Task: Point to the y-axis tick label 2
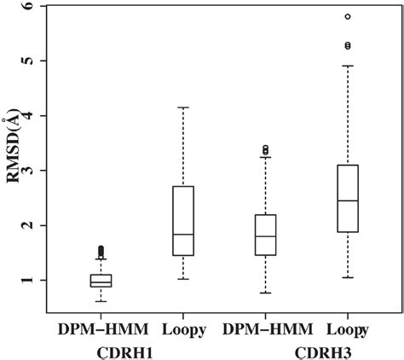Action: click(x=40, y=225)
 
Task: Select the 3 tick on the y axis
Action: click(x=40, y=171)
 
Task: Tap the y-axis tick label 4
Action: click(x=40, y=115)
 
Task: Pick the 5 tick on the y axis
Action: click(x=40, y=61)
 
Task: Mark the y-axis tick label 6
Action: click(x=40, y=7)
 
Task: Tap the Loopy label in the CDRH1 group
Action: click(x=182, y=328)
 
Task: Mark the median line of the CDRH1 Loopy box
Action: click(x=183, y=234)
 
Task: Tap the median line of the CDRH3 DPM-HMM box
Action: click(x=265, y=236)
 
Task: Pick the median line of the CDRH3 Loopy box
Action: click(x=347, y=200)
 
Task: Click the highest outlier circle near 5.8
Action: click(x=347, y=16)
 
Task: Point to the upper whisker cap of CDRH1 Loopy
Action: click(x=183, y=107)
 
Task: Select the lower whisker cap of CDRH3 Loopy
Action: click(x=347, y=277)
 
